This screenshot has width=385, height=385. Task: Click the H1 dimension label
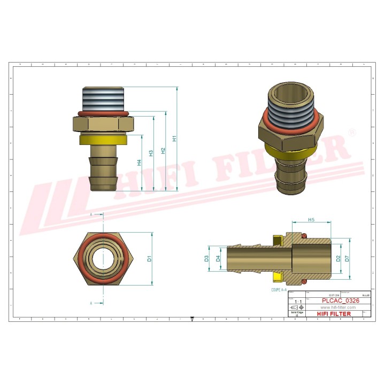click(x=174, y=138)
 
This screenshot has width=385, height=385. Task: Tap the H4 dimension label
click(x=139, y=163)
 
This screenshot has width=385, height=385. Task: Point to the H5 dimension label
click(x=311, y=220)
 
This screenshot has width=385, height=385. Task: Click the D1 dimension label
click(x=150, y=258)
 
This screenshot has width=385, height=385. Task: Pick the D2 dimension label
click(x=338, y=259)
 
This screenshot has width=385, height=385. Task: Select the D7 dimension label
click(x=347, y=259)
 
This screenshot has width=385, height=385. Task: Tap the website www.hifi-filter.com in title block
click(x=338, y=307)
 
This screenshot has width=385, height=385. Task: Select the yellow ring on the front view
click(x=103, y=140)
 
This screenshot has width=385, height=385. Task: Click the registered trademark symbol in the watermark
click(x=352, y=132)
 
